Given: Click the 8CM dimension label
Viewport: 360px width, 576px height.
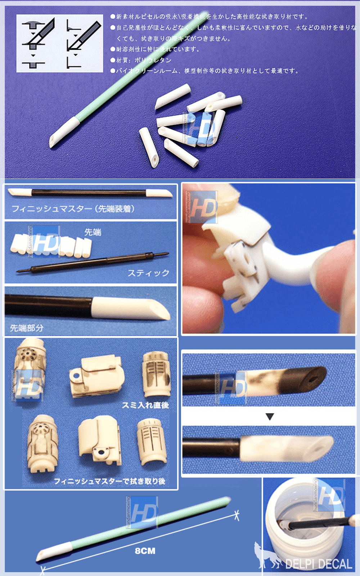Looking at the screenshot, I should tap(145, 551).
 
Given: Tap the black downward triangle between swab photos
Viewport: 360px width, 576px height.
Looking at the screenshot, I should tap(270, 417).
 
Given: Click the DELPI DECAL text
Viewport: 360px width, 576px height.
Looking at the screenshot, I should tap(319, 564).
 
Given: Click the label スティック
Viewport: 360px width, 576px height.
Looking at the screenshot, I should tap(148, 273).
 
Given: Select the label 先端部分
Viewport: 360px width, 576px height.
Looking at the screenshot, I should tap(27, 328).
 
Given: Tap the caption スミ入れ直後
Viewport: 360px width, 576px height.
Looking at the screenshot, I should tap(145, 405).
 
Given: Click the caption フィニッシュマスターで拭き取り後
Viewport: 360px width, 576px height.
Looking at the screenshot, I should tap(109, 481).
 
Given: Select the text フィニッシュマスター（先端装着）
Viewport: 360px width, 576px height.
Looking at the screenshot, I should tap(73, 209).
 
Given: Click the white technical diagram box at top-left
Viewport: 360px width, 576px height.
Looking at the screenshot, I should tap(60, 44).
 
